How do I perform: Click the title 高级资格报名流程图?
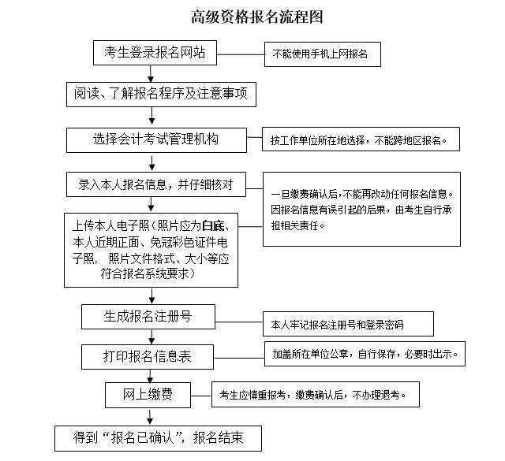coord(257,17)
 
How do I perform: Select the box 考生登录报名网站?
coord(155,53)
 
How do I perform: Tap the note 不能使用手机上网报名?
coord(323,54)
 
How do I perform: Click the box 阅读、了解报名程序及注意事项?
coord(161,95)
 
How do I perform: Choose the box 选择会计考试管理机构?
coord(156,140)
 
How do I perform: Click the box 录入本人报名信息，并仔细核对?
coord(156,184)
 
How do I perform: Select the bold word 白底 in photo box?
coord(213,226)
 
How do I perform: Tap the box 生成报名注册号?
coord(148,317)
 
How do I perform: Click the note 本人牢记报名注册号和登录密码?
coord(348,324)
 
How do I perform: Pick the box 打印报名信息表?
coord(148,357)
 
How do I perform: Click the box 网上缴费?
coord(148,395)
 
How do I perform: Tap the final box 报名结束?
coord(158,438)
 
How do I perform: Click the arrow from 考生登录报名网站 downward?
coord(151,73)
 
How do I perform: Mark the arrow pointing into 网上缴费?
coord(150,376)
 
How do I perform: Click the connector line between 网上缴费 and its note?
coord(201,396)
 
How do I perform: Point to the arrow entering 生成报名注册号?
coord(151,296)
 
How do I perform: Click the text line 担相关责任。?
coord(297,225)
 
